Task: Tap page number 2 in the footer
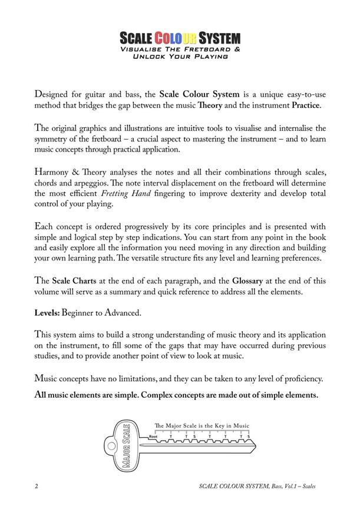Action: (x=37, y=487)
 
